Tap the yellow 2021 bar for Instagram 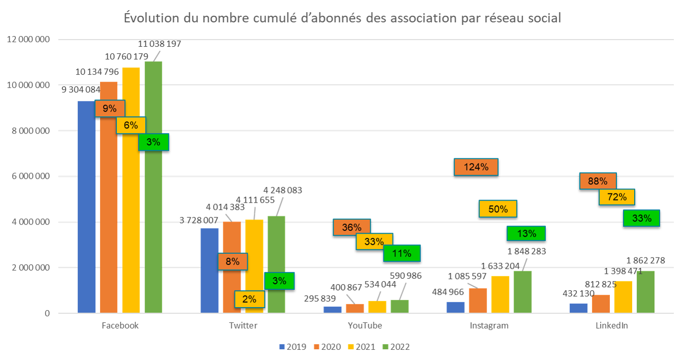coord(500,294)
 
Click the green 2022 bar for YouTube coord(399,306)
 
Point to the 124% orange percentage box coord(476,167)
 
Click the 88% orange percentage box coord(598,181)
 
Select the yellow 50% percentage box coord(498,209)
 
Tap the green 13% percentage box coord(526,234)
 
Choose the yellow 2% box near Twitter coord(249,300)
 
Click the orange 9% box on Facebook coord(110,108)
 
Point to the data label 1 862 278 coord(644,261)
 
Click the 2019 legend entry coord(292,347)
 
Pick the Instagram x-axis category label coord(488,325)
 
